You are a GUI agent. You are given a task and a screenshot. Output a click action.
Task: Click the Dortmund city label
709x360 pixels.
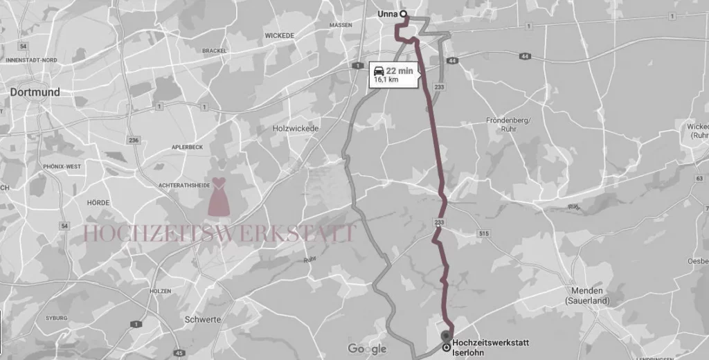click(35, 92)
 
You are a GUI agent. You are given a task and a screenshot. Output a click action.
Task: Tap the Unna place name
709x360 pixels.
click(388, 13)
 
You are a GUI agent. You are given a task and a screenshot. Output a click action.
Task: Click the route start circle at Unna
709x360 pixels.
click(403, 13)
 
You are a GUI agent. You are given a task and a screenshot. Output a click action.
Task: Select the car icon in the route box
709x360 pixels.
click(378, 71)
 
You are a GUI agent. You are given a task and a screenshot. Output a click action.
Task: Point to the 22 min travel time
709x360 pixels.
click(400, 71)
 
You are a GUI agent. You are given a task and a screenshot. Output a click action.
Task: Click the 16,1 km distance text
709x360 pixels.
click(386, 80)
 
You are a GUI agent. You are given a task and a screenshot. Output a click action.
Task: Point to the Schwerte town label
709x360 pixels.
click(203, 319)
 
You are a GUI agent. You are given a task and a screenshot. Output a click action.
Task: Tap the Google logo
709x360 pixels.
click(367, 348)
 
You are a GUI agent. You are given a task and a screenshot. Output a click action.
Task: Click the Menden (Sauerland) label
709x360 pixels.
click(586, 296)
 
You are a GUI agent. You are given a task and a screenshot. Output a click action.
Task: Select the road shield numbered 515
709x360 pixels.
click(483, 234)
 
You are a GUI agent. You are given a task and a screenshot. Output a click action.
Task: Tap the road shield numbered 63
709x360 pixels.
click(700, 178)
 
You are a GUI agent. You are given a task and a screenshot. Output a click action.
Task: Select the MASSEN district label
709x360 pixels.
click(341, 25)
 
